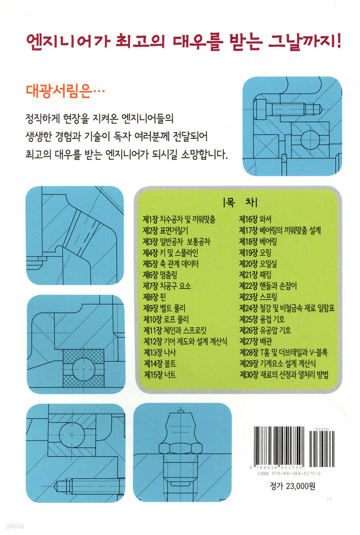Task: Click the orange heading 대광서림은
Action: click(65, 91)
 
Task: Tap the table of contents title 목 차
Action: click(240, 202)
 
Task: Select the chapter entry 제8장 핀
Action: click(154, 297)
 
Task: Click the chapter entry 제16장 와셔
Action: click(255, 219)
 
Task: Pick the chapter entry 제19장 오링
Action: click(255, 252)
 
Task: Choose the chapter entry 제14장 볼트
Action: click(160, 363)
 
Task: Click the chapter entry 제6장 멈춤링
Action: click(160, 275)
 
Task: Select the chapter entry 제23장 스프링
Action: click(258, 297)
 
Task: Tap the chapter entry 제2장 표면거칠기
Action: click(165, 230)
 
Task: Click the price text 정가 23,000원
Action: click(292, 486)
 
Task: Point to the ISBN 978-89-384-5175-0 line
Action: click(289, 473)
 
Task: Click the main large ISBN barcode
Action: click(278, 446)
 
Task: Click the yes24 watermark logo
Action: click(15, 527)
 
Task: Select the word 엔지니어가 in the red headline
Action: click(68, 42)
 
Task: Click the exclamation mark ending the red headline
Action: click(339, 41)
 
